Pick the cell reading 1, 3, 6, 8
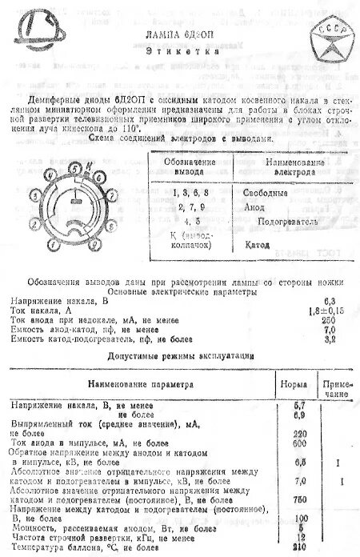[190, 192]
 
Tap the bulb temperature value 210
[301, 550]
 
